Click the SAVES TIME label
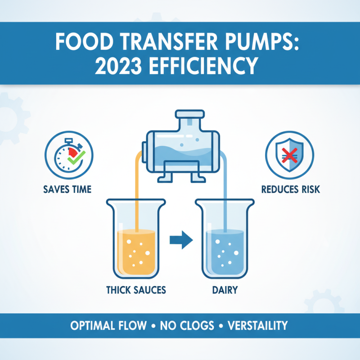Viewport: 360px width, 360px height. (x=68, y=189)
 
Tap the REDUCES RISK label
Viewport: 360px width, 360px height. (x=291, y=189)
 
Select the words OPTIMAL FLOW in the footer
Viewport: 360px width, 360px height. (x=108, y=325)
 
